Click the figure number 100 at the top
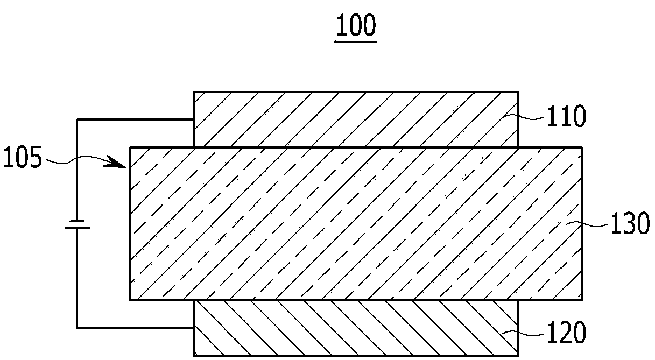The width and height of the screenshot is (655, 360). coord(355,25)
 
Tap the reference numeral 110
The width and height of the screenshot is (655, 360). coord(565,117)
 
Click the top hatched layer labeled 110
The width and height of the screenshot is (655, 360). coord(355,119)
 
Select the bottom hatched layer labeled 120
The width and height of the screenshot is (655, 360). coord(355,328)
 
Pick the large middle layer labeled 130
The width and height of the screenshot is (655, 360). coord(355,223)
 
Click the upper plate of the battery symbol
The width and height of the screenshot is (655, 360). coord(77,221)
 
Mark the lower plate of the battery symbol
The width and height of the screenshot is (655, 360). coord(77,228)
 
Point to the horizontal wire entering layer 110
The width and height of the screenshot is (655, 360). coord(135,119)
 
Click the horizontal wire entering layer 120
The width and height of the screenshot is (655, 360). coord(135,327)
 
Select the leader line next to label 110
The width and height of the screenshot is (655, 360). coord(531,114)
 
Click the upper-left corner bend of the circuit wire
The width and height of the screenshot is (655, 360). coord(77,119)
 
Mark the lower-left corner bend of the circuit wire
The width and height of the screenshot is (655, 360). coord(77,327)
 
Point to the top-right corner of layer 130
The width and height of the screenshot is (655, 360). coord(581,147)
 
